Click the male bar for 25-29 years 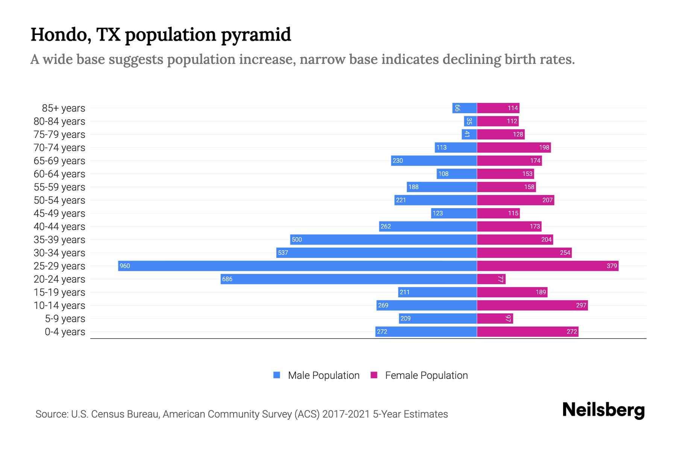tap(297, 266)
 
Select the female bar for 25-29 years tap(548, 266)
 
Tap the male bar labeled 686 tap(349, 279)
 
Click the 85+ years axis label tap(63, 108)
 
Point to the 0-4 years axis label tap(65, 332)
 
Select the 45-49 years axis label tap(59, 213)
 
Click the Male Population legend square tap(277, 375)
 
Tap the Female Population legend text tap(426, 375)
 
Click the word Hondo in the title tap(60, 35)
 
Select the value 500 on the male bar tap(297, 239)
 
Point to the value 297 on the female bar tap(581, 305)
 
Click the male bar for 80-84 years tap(471, 121)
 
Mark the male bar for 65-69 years tap(434, 160)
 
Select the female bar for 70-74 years tap(514, 147)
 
